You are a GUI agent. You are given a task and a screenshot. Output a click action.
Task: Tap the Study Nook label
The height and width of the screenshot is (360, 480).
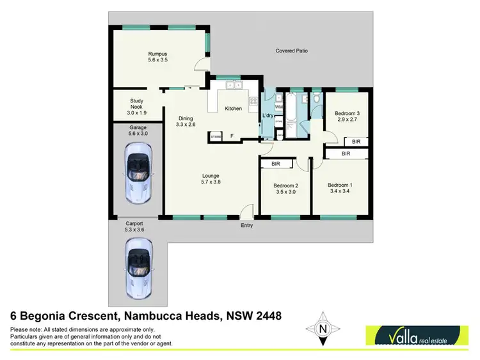coord(136,106)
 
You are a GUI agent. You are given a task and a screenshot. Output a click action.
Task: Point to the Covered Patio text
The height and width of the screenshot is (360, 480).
coord(292,51)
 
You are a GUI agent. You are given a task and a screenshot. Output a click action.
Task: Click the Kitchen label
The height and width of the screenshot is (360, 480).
coord(233,109)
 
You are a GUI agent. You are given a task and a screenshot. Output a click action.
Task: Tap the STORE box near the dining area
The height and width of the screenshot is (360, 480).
coord(215,136)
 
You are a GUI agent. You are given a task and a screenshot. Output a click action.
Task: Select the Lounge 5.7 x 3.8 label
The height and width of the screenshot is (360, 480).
coord(211,180)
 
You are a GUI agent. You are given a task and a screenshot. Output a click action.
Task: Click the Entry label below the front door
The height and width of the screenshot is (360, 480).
coord(247,225)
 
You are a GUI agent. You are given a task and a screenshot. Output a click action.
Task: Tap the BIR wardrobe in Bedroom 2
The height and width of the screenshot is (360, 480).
coord(276,164)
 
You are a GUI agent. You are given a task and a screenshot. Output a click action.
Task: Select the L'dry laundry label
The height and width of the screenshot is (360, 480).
coord(268,115)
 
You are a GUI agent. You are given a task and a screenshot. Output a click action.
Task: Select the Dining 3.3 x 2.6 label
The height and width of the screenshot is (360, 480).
coord(186,121)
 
